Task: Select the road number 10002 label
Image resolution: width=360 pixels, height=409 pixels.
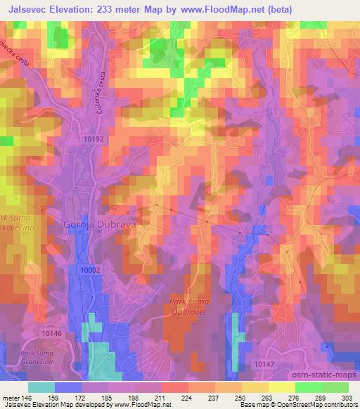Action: coord(91,269)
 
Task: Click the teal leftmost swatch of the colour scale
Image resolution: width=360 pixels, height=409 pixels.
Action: coord(42,387)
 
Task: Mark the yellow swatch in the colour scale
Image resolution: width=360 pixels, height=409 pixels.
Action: coord(281,387)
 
